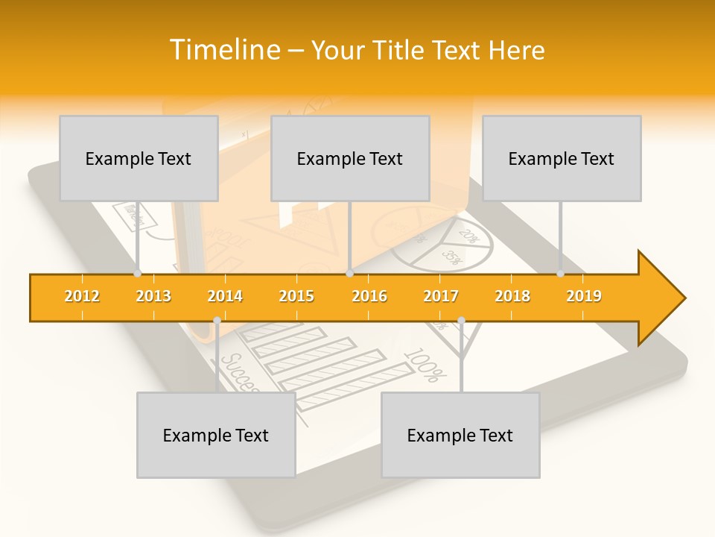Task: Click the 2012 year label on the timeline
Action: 82,296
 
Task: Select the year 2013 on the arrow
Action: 153,296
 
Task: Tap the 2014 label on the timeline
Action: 225,296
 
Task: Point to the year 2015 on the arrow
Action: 296,296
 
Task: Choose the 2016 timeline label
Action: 369,296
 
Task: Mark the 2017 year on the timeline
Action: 441,296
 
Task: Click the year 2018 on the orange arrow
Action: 512,296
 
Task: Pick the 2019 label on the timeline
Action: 584,296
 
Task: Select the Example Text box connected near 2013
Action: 139,158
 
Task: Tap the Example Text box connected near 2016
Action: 350,158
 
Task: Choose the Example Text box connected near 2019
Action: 562,158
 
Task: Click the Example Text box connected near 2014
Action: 216,435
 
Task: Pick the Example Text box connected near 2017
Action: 460,435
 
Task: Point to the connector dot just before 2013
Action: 137,273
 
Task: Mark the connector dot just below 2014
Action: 217,321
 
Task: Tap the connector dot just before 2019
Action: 561,273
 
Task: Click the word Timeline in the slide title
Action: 223,50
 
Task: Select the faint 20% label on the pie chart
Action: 468,236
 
